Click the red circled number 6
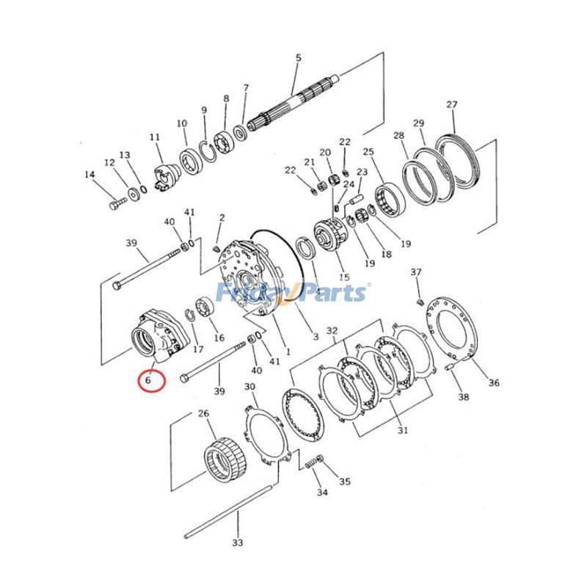coord(149,381)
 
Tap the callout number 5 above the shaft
coord(298,57)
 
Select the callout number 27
coord(451,104)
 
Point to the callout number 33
coord(237,542)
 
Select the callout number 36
coord(494,382)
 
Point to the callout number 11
coord(155,137)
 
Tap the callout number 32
coord(332,331)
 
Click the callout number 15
coord(344,277)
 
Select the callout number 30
coord(249,387)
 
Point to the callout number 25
coord(368,152)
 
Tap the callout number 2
coord(222,217)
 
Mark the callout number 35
coord(344,482)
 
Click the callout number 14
coord(90,175)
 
